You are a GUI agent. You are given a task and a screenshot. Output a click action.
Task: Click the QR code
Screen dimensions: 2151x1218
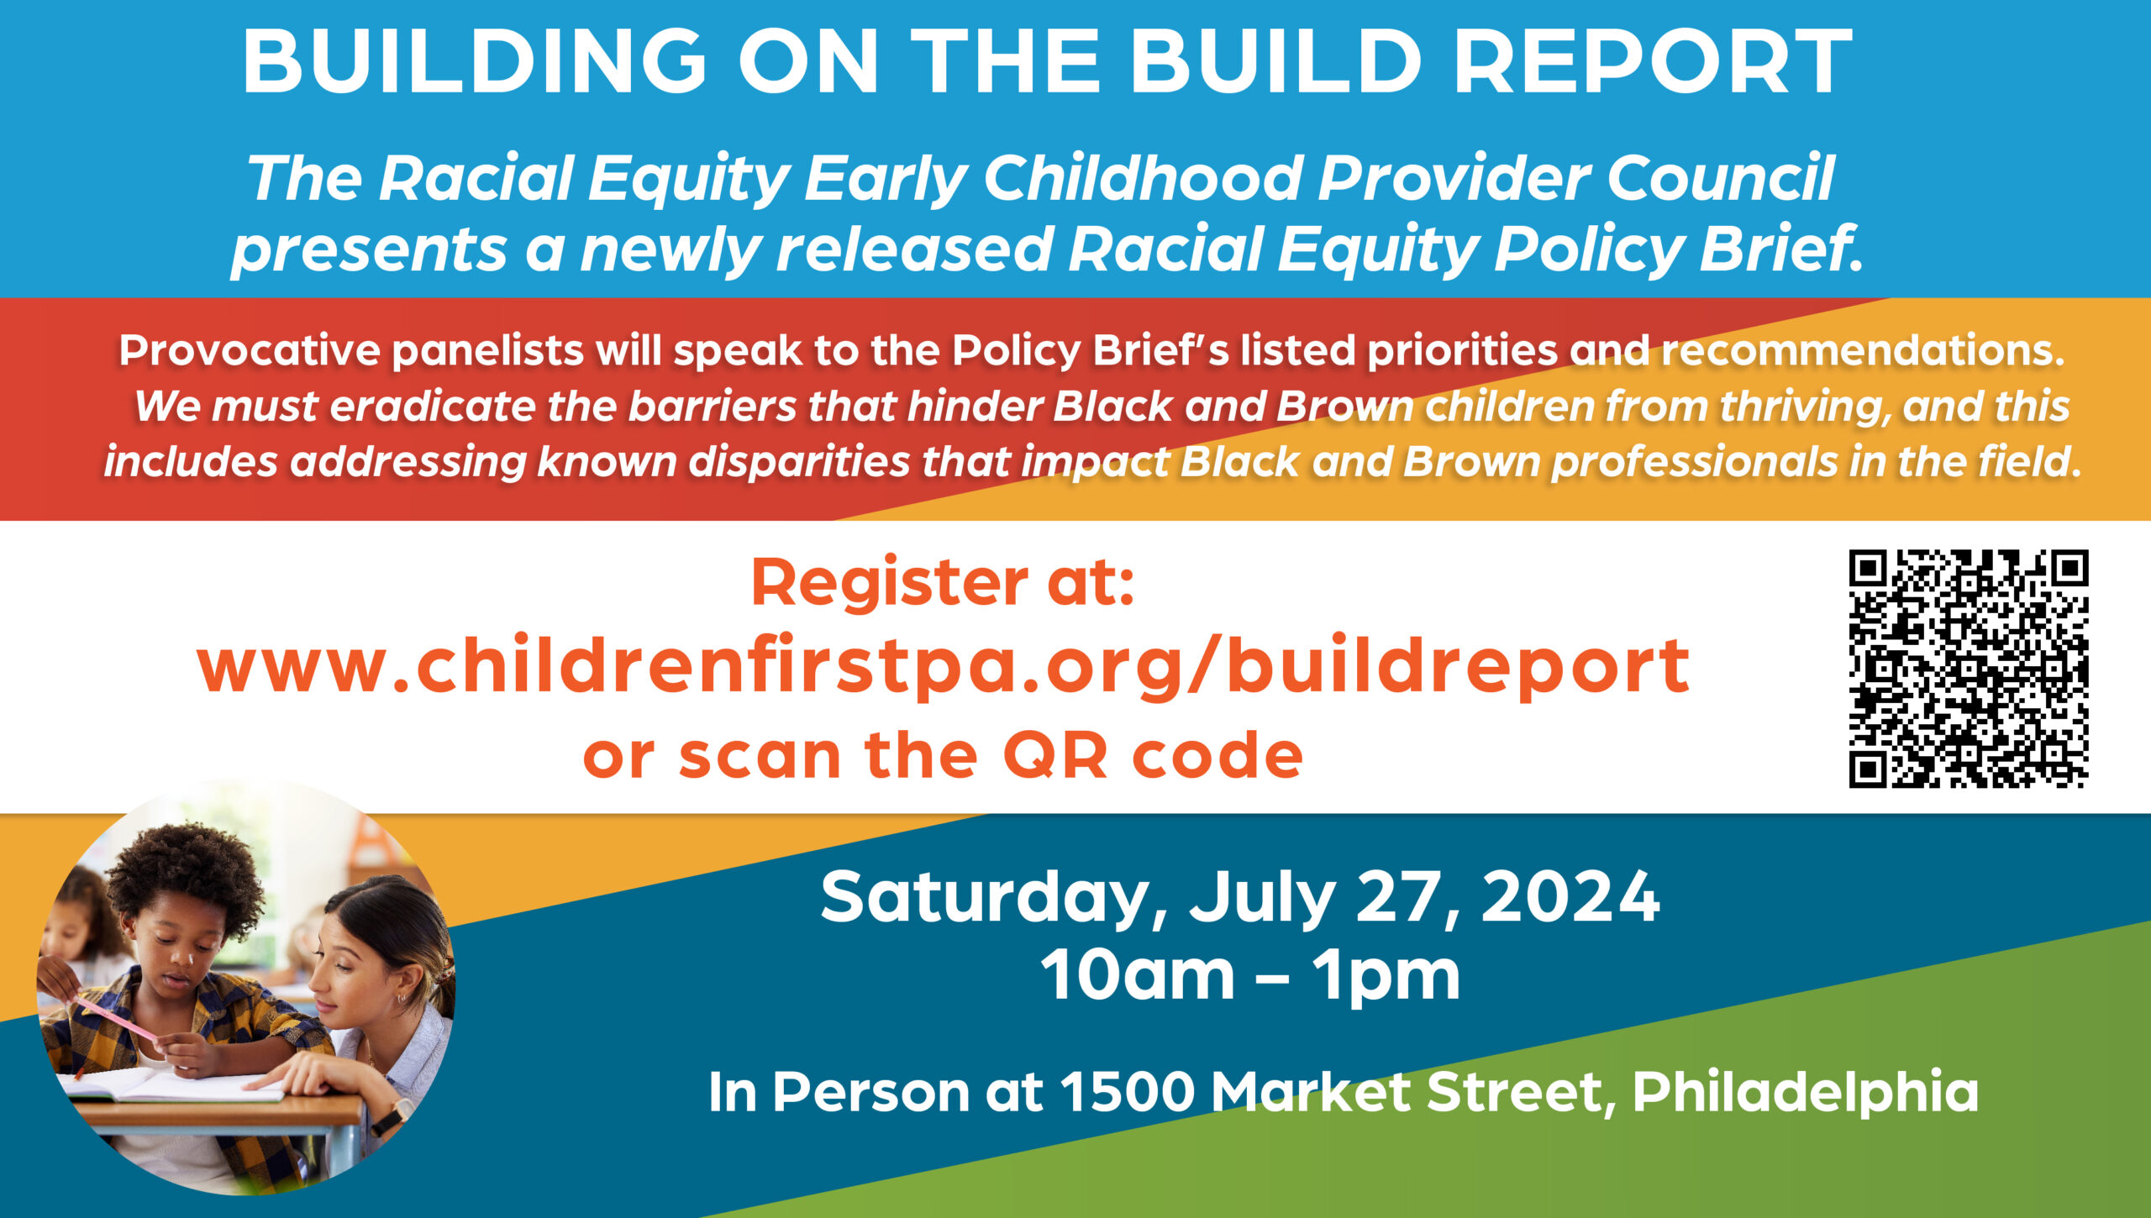pyautogui.click(x=1969, y=669)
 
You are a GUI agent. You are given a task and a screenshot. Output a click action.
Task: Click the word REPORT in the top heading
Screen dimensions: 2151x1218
pyautogui.click(x=1653, y=62)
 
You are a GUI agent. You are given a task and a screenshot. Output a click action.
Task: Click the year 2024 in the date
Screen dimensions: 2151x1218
pyautogui.click(x=1570, y=897)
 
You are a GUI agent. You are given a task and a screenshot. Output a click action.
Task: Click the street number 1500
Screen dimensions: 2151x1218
pyautogui.click(x=1127, y=1092)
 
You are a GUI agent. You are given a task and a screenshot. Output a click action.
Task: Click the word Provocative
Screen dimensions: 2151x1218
pyautogui.click(x=250, y=350)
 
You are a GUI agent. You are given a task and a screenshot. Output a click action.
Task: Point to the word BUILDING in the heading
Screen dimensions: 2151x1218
pyautogui.click(x=475, y=62)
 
